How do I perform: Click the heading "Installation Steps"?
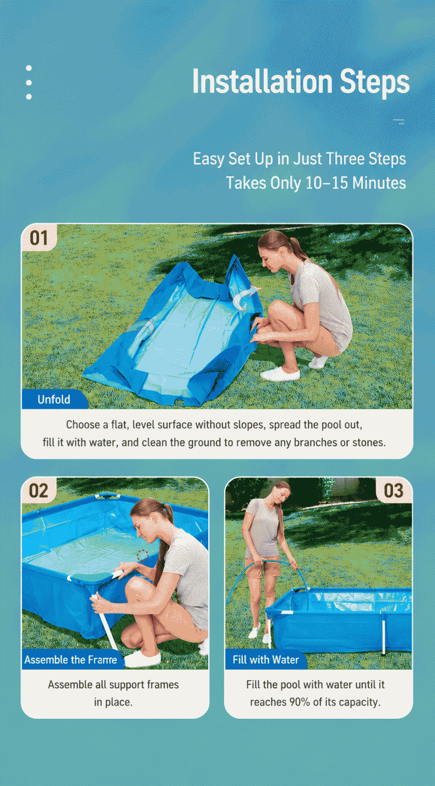301,82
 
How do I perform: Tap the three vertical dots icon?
29,83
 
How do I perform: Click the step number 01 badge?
39,238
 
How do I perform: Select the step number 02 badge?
39,491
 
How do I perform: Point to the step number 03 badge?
394,491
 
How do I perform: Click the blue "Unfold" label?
54,399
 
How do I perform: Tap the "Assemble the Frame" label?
71,660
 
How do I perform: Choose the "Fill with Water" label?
266,660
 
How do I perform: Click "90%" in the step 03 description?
300,702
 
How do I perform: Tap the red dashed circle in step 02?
142,555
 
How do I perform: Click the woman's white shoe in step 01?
280,374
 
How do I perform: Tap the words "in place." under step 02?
113,702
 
